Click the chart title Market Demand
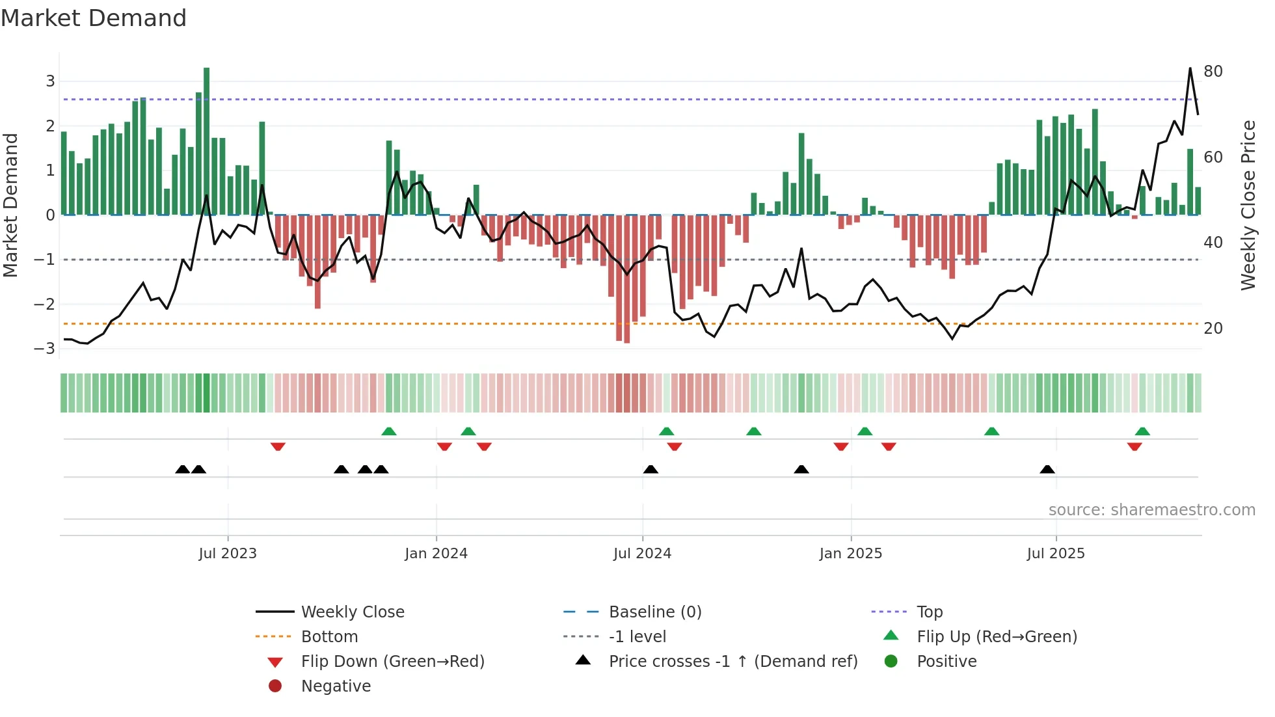[x=94, y=18]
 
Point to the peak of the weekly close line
[x=1190, y=68]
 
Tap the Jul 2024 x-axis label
[x=642, y=554]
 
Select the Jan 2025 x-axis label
[x=850, y=554]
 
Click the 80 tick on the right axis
[x=1213, y=72]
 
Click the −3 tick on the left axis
[x=45, y=348]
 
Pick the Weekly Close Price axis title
[x=1248, y=205]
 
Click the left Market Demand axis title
[x=10, y=205]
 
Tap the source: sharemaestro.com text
[x=1151, y=510]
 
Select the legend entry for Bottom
[x=329, y=636]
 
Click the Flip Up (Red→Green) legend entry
[x=997, y=636]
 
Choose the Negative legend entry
[x=336, y=686]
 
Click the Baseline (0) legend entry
[x=654, y=612]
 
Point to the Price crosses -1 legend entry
[x=732, y=661]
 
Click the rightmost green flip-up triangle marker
[x=1142, y=431]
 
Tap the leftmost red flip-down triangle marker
[x=278, y=446]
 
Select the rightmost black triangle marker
[x=1047, y=469]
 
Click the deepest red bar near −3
[x=626, y=278]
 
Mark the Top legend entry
[x=929, y=612]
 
